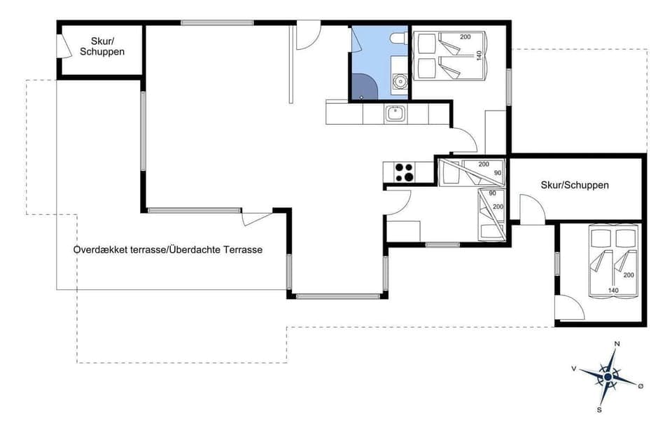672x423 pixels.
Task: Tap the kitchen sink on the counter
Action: point(395,113)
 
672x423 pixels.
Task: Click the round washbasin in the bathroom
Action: point(400,81)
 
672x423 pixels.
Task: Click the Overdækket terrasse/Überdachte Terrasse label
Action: point(168,249)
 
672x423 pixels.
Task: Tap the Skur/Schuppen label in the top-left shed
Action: point(102,46)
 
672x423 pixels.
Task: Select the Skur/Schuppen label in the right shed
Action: point(575,185)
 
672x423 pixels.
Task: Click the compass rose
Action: point(608,377)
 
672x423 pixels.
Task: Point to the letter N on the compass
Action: point(617,344)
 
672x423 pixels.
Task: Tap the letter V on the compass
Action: point(574,368)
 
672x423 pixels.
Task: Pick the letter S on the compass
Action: point(599,410)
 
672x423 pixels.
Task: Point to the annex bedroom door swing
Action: point(568,307)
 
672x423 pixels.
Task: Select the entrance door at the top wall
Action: point(307,36)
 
